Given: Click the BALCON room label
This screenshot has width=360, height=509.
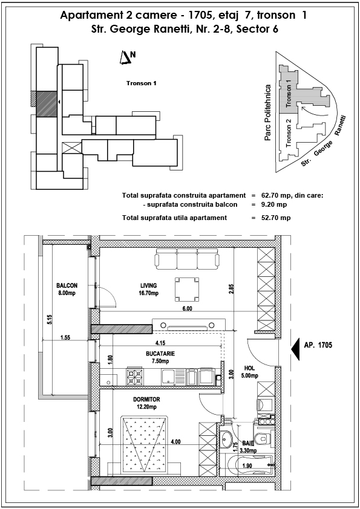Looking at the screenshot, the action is [67, 286].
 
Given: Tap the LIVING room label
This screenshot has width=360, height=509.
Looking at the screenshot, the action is [148, 286].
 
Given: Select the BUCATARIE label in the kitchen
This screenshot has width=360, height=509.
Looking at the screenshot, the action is [160, 354].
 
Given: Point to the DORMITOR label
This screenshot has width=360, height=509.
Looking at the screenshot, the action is [146, 400].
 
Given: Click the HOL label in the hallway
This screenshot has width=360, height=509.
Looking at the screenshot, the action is [249, 368].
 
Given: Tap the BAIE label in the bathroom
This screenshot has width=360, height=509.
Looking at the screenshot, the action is [248, 444].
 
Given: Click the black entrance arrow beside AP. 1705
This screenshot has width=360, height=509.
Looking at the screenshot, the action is [295, 349].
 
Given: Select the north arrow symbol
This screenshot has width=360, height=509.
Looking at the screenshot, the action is [125, 58].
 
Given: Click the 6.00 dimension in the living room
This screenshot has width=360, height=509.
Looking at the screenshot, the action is [187, 308].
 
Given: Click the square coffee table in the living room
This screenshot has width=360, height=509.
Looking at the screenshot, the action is [186, 289].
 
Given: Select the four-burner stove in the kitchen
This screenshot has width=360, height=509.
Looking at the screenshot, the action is [135, 377].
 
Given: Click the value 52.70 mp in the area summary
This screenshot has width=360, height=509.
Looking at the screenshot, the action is [276, 218].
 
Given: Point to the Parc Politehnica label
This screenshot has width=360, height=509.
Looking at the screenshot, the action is [267, 112].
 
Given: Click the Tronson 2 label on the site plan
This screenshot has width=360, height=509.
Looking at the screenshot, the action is [289, 134].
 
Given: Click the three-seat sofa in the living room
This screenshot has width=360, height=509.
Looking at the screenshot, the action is [186, 259].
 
